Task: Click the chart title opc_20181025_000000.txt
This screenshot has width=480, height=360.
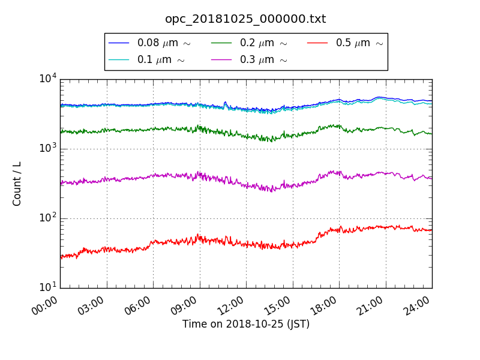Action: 245,19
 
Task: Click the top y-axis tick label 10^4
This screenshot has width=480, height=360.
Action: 47,79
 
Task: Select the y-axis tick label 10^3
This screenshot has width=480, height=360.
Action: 47,148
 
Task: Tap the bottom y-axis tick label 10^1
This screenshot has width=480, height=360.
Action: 47,287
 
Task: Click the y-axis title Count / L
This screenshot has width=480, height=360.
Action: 17,184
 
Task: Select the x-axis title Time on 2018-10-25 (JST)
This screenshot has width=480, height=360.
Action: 246,324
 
